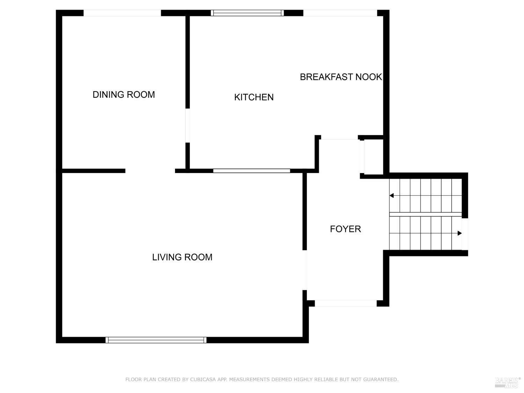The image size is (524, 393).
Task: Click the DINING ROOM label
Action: pyautogui.click(x=124, y=95)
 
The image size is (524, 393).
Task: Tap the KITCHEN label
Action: pyautogui.click(x=254, y=97)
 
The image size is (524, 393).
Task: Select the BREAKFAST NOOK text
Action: pyautogui.click(x=341, y=77)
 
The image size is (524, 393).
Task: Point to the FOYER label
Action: pyautogui.click(x=345, y=229)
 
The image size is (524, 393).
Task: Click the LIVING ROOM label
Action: pyautogui.click(x=182, y=257)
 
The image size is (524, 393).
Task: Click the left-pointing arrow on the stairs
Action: pyautogui.click(x=392, y=196)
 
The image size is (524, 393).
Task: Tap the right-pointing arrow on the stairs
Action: pyautogui.click(x=459, y=233)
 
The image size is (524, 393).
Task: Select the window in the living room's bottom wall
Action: pyautogui.click(x=156, y=340)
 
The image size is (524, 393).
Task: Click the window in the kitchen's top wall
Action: pyautogui.click(x=247, y=13)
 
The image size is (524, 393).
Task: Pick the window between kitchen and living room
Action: pyautogui.click(x=252, y=171)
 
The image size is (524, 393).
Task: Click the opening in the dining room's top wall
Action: pyautogui.click(x=122, y=13)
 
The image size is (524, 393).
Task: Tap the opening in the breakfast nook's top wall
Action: pyautogui.click(x=340, y=13)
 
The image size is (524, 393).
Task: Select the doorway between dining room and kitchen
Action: pyautogui.click(x=188, y=125)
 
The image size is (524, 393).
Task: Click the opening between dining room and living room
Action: pyautogui.click(x=150, y=171)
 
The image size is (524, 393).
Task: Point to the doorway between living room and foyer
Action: pyautogui.click(x=305, y=270)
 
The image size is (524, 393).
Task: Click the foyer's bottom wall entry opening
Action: pyautogui.click(x=345, y=304)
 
